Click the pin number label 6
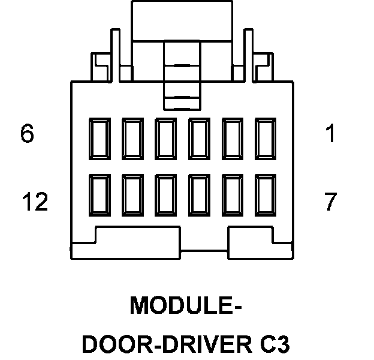tap(27, 134)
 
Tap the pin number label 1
tap(330, 134)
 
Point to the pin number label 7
tap(330, 203)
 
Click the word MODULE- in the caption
tap(186, 305)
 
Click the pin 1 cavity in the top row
tap(266, 138)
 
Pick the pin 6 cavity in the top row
tap(99, 138)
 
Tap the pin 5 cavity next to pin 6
tap(132, 138)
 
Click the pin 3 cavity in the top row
tap(200, 138)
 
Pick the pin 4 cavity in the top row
tap(166, 138)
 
